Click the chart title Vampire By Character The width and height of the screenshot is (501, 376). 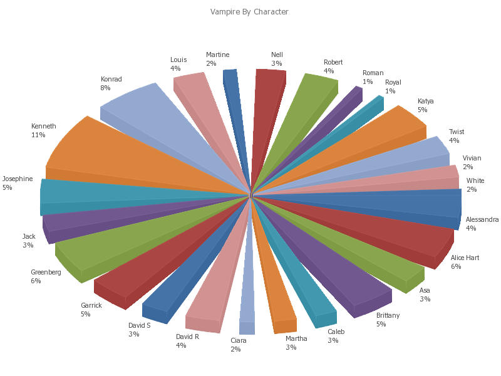click(x=249, y=12)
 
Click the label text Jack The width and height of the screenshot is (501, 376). click(x=29, y=236)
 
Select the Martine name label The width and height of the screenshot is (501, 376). click(x=217, y=55)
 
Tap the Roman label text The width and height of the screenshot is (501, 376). click(x=373, y=73)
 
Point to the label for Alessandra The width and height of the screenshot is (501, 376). click(x=482, y=220)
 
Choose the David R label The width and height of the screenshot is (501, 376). click(x=187, y=337)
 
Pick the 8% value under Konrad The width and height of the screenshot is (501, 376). click(x=105, y=88)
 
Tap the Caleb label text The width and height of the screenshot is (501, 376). click(x=336, y=332)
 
